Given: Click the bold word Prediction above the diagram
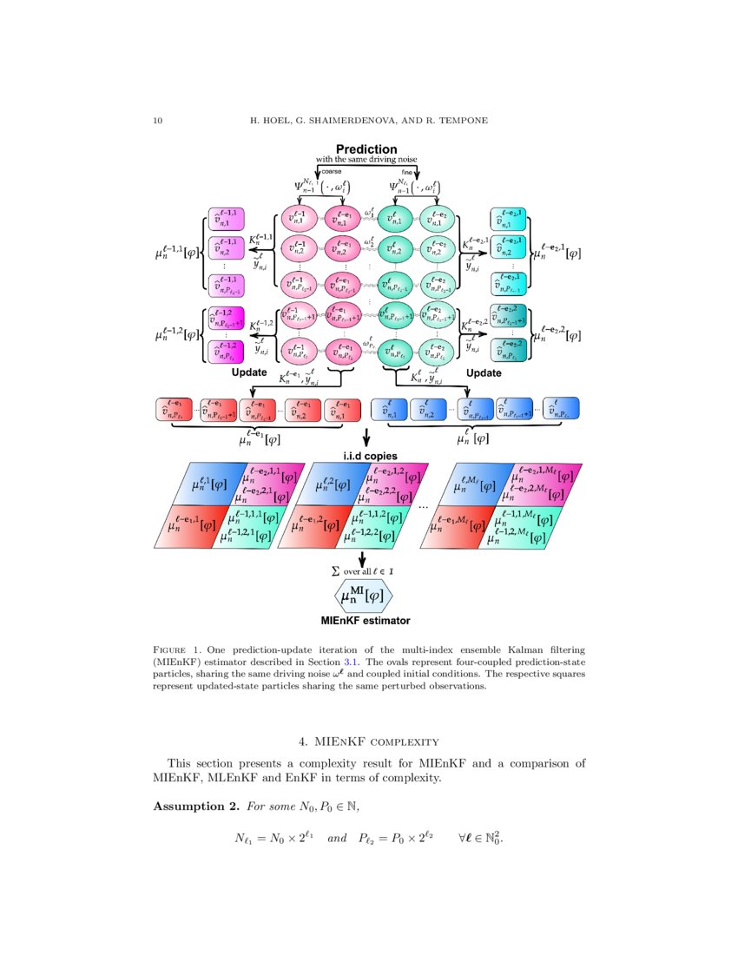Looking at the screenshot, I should (366, 149).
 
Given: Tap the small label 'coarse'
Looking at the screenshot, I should (332, 172).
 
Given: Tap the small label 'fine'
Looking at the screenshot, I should (406, 172).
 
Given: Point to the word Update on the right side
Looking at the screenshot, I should (484, 372).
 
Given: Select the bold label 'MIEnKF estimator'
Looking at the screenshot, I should (365, 621).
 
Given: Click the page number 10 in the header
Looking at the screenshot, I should (157, 119).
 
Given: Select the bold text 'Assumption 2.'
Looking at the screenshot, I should (196, 807).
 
